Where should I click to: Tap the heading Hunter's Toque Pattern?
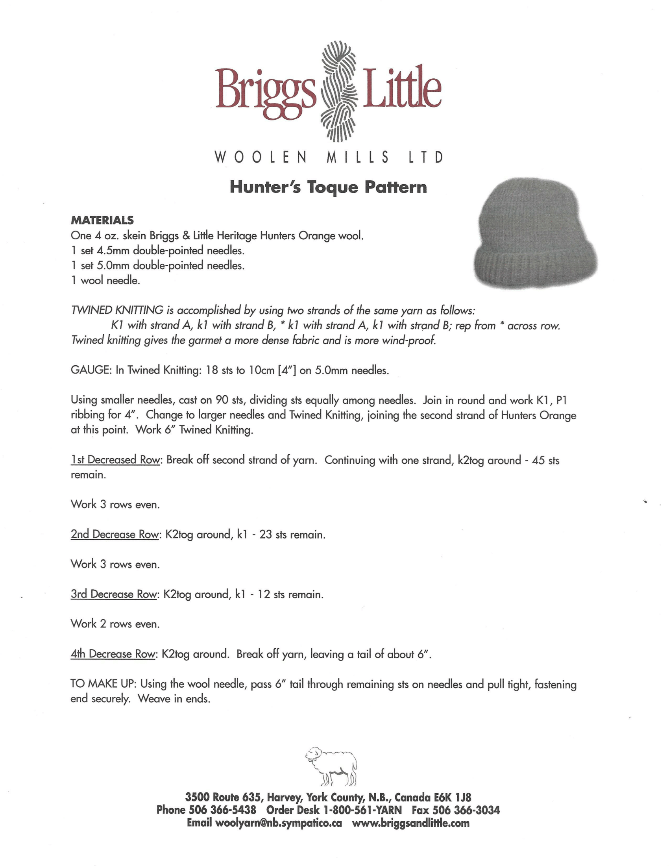pos(328,187)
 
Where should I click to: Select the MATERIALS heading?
pos(102,220)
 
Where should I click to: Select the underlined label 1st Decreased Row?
pos(115,460)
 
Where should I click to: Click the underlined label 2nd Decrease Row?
pos(115,535)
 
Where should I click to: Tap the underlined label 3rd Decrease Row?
pos(114,594)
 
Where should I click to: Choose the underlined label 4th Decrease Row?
pos(113,654)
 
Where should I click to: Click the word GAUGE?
pos(91,370)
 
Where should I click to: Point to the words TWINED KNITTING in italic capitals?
pos(117,310)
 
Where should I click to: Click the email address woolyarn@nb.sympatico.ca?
pos(278,823)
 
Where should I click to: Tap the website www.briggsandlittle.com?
pos(410,823)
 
